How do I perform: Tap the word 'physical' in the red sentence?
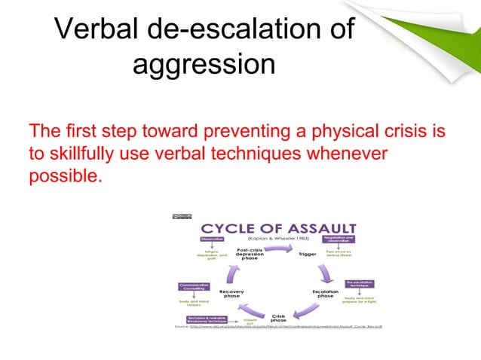pyautogui.click(x=338, y=132)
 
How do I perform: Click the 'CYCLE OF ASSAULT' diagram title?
pyautogui.click(x=277, y=228)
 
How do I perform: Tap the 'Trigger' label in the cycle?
pyautogui.click(x=308, y=254)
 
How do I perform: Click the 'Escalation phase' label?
pyautogui.click(x=325, y=293)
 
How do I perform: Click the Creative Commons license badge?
pyautogui.click(x=182, y=216)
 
